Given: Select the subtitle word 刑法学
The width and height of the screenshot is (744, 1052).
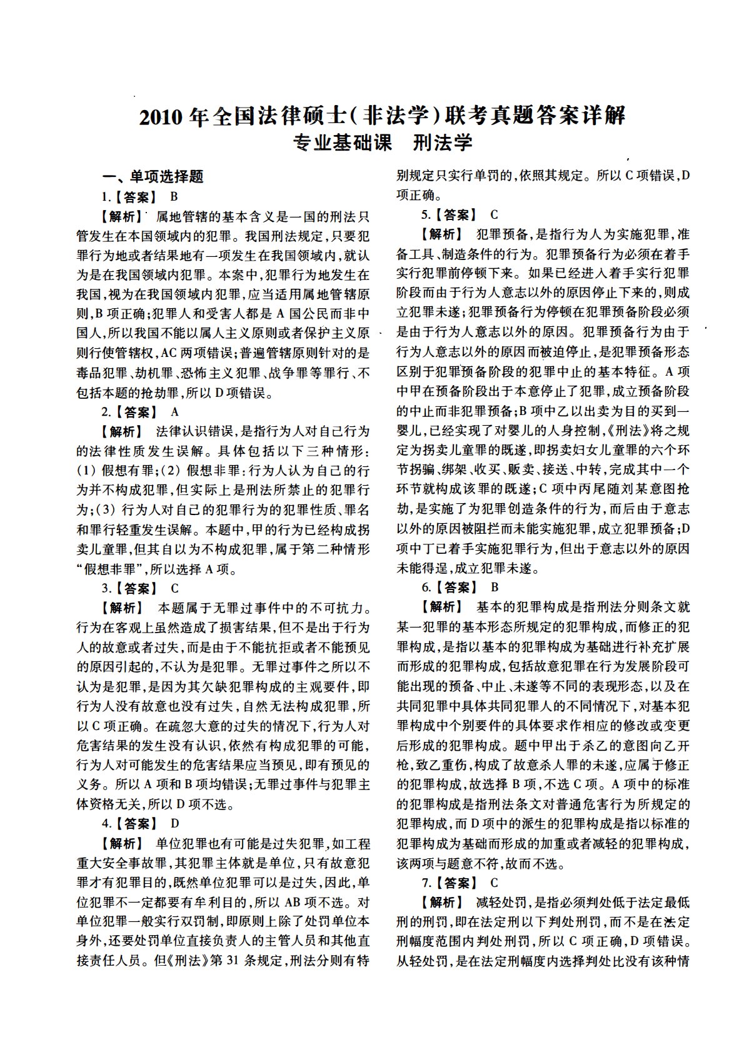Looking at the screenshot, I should (x=443, y=143).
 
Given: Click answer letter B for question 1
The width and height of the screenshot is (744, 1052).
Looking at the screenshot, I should (x=174, y=197).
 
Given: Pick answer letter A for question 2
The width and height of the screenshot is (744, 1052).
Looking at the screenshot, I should (x=175, y=412).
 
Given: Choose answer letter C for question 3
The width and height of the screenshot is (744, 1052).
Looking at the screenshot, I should (x=175, y=588).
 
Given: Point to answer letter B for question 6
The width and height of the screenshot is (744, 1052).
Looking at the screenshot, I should (x=495, y=587).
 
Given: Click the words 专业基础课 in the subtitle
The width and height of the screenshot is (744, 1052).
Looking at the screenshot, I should (x=343, y=143).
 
